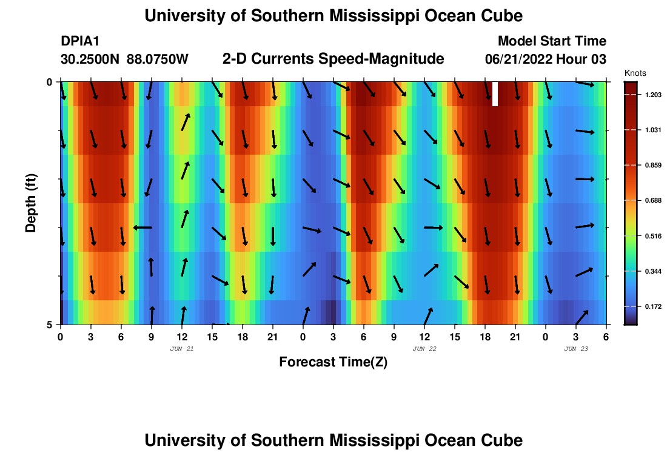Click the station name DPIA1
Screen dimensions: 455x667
pyautogui.click(x=80, y=41)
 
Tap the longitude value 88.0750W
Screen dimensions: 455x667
pyautogui.click(x=158, y=59)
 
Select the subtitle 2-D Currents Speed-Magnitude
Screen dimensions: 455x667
pyautogui.click(x=333, y=59)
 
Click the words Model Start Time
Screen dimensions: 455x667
pyautogui.click(x=552, y=41)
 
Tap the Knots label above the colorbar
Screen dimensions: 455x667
pyautogui.click(x=635, y=73)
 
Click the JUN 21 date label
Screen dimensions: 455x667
pyautogui.click(x=182, y=349)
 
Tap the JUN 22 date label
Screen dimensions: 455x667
pyautogui.click(x=424, y=349)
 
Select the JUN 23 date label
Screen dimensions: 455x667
pyautogui.click(x=576, y=349)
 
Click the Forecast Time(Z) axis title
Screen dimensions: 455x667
pyautogui.click(x=333, y=362)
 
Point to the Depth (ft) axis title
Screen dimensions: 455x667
pyautogui.click(x=31, y=203)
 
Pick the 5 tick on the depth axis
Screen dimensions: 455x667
pyautogui.click(x=50, y=325)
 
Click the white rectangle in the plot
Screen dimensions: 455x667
pyautogui.click(x=495, y=94)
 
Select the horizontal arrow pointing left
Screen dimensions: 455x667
pyautogui.click(x=142, y=227)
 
